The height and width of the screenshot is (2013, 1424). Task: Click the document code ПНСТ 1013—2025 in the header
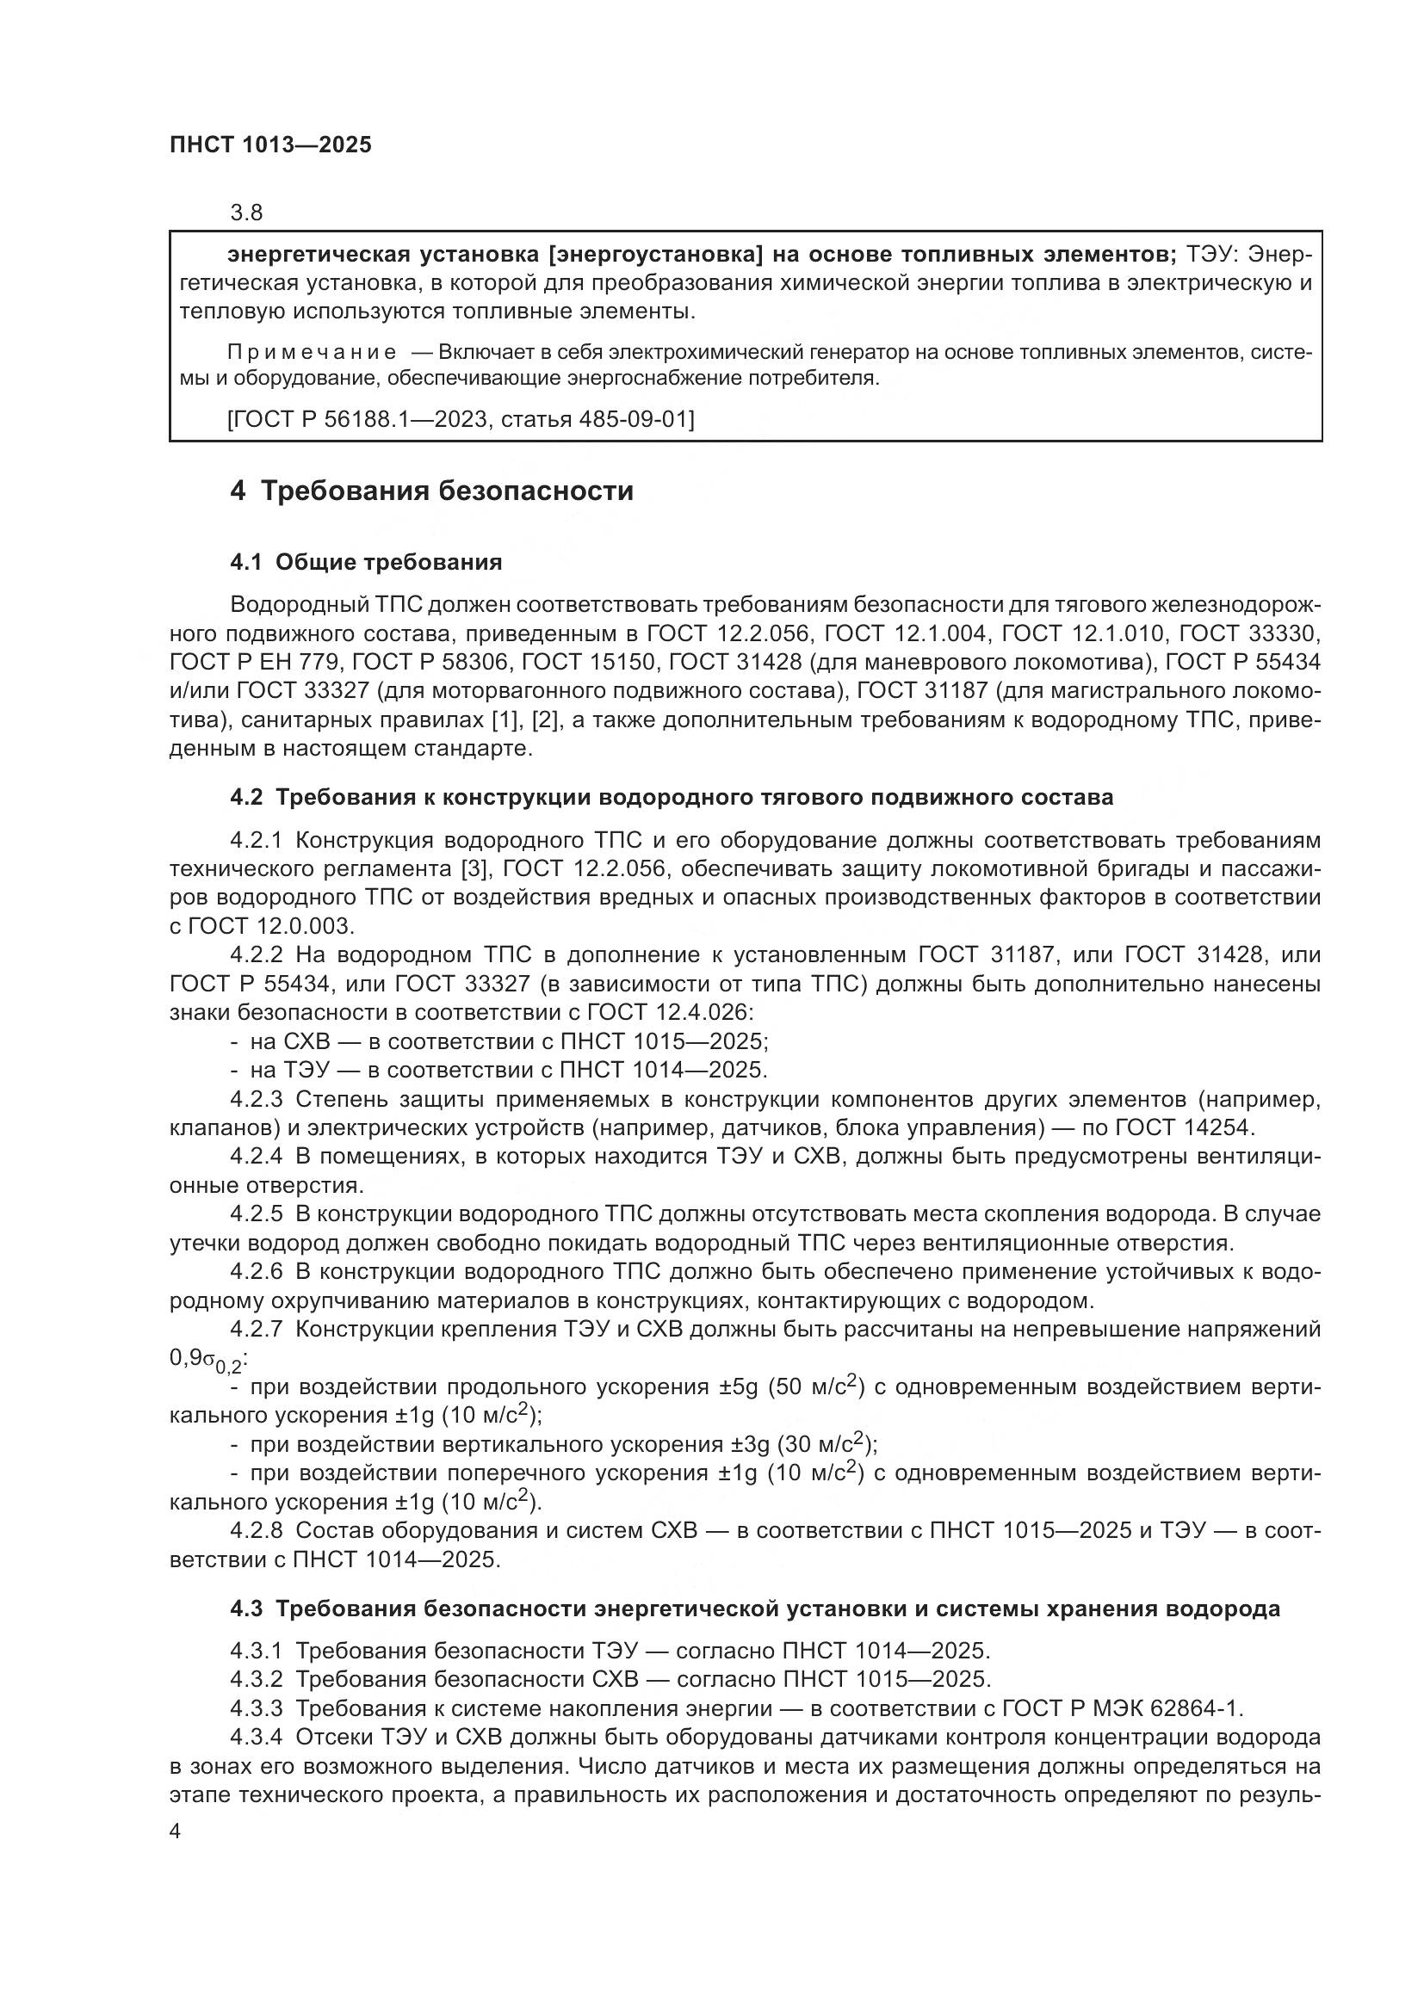click(270, 145)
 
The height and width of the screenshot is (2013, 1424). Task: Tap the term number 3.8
click(246, 213)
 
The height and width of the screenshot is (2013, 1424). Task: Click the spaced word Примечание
click(311, 353)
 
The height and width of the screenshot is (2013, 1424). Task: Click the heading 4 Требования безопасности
click(431, 490)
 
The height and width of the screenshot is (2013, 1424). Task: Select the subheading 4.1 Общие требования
click(366, 562)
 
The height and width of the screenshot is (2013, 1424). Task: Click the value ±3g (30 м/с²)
click(804, 1444)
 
